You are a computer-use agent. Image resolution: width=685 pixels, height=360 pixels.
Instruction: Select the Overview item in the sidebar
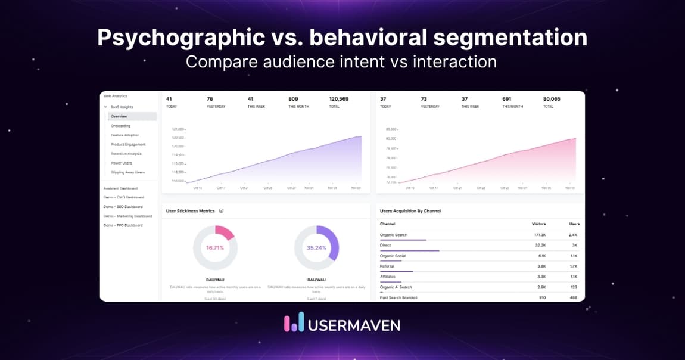119,116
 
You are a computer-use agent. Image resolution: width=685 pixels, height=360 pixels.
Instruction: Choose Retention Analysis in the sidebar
126,154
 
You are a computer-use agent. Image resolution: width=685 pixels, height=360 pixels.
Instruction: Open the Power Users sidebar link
122,163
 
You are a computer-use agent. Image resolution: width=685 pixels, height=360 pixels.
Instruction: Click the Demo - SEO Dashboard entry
123,207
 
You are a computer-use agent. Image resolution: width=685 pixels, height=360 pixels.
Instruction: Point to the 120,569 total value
339,99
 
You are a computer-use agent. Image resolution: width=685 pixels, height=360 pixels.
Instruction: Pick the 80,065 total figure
552,99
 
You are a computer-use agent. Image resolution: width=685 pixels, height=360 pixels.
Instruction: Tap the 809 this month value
294,99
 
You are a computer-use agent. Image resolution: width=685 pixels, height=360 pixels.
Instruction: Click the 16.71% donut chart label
215,247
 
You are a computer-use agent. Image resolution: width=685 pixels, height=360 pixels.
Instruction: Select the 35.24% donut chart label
316,247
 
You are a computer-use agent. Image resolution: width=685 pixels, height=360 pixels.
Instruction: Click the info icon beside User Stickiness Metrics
221,211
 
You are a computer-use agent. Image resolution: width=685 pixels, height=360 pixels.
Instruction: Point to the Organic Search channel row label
394,235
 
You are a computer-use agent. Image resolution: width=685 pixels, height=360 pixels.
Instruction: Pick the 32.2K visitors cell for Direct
540,245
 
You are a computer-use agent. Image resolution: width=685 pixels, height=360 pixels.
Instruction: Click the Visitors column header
538,224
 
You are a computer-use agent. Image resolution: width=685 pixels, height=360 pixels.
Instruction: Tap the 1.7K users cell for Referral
574,266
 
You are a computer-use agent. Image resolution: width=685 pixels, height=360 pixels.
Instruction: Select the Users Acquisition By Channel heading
410,211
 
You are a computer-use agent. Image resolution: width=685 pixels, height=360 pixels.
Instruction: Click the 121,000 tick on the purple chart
178,129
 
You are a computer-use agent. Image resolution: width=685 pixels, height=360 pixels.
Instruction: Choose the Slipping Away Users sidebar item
127,172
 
